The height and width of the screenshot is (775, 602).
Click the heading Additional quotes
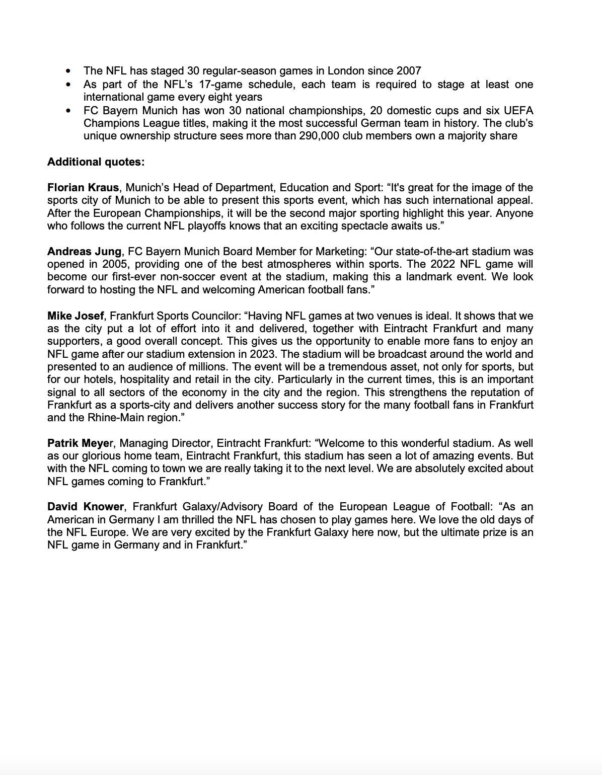(x=96, y=162)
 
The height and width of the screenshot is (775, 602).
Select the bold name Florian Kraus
(x=83, y=188)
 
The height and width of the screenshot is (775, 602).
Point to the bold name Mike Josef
(x=76, y=316)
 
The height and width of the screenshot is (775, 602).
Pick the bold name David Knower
(x=86, y=507)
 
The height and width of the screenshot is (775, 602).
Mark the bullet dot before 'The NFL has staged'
(x=68, y=71)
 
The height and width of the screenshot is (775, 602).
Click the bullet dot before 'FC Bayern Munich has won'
(x=68, y=110)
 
